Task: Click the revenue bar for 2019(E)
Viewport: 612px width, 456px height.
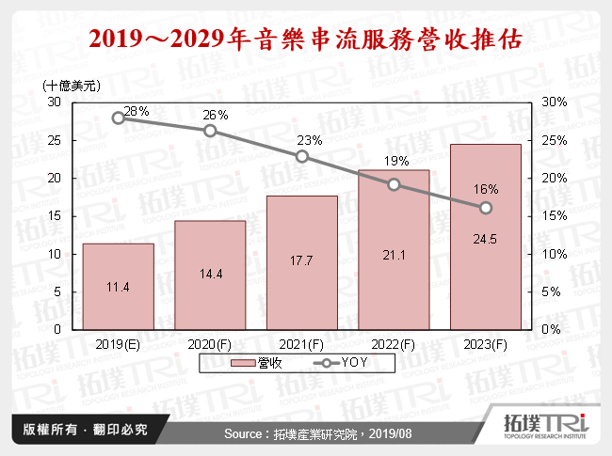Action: (x=118, y=287)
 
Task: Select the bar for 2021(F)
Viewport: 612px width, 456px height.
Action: (x=301, y=263)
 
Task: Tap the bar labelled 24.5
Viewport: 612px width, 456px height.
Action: (x=486, y=237)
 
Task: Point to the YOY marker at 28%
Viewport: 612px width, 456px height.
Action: (x=119, y=118)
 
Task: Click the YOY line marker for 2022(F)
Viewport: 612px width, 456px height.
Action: (x=394, y=184)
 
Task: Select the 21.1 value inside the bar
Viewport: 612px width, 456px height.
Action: (x=394, y=254)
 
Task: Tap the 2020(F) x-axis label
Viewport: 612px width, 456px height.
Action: (x=210, y=345)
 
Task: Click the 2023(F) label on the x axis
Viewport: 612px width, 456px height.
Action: (x=486, y=345)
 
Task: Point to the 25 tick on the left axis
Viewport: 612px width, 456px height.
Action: (x=55, y=140)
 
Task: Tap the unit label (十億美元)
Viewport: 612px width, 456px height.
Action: (x=71, y=86)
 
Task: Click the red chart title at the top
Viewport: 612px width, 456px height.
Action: (x=305, y=39)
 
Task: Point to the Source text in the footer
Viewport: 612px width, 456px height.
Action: (x=305, y=433)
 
